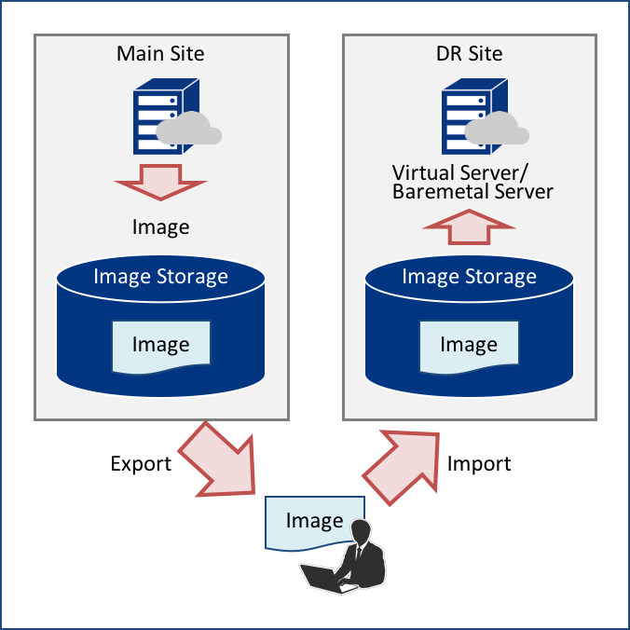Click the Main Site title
[160, 53]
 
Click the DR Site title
[469, 53]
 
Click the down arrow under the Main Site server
[161, 181]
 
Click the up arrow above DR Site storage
[469, 226]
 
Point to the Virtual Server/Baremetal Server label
[472, 182]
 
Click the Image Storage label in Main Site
[160, 276]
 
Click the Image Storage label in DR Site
[469, 276]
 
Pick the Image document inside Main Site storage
[160, 345]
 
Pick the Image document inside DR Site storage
[468, 345]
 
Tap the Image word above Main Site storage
[160, 226]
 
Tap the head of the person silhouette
[361, 532]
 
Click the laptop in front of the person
[320, 578]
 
